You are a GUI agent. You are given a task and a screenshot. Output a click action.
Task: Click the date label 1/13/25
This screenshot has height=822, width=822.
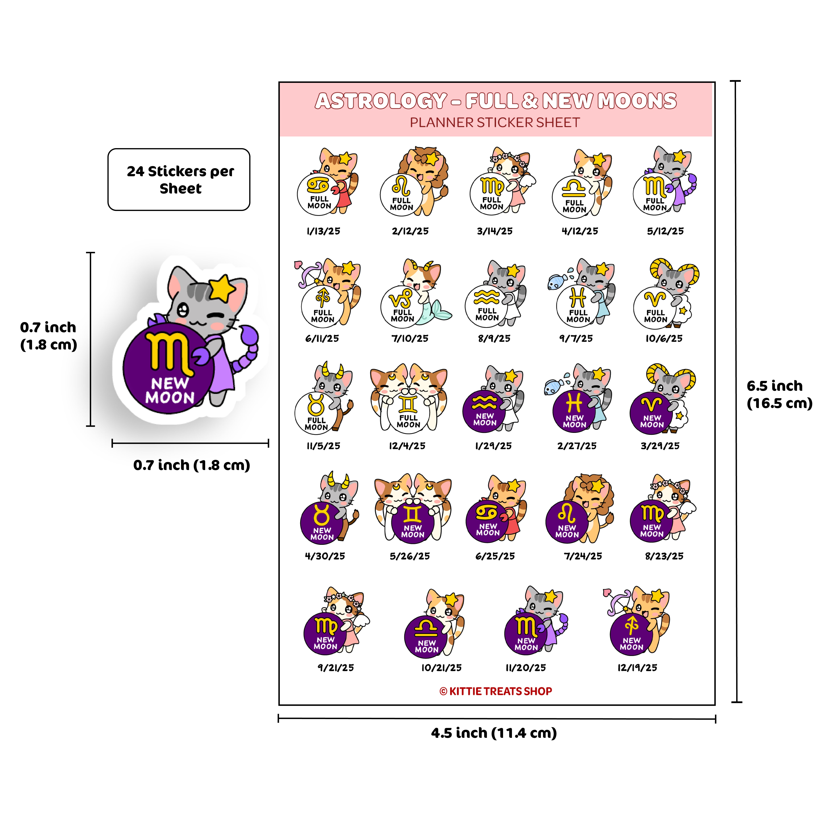(323, 231)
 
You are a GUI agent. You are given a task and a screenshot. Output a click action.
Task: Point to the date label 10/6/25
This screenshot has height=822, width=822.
(664, 339)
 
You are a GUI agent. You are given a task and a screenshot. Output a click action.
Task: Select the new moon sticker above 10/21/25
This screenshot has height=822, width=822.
(434, 623)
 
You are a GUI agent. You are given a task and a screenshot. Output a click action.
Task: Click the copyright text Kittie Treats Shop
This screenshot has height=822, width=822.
(496, 691)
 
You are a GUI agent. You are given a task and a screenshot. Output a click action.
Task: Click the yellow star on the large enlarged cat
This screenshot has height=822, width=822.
(222, 288)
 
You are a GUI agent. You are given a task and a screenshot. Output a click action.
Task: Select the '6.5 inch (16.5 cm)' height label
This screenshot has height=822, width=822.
(779, 394)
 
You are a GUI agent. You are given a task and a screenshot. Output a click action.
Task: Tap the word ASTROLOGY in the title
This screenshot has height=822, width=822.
(381, 101)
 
